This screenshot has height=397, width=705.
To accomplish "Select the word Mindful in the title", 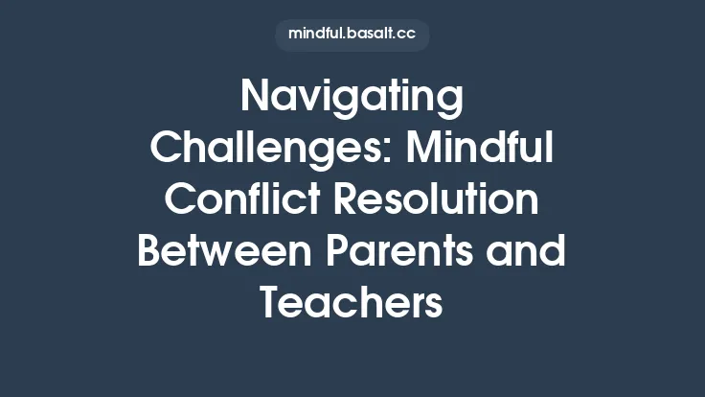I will coord(475,151).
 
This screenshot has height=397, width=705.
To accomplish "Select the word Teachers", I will coord(352,303).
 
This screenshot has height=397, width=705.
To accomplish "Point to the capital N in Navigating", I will coord(254,98).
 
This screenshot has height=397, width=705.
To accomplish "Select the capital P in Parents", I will coord(339,252).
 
